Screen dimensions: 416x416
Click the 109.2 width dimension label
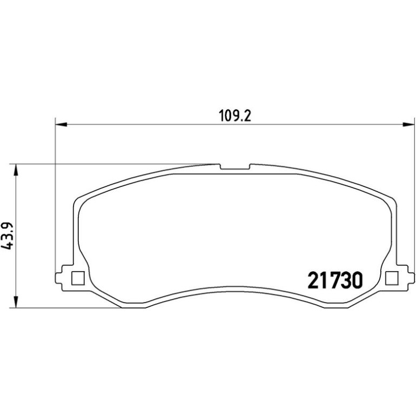point(235,116)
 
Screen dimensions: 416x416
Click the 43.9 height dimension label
point(7,235)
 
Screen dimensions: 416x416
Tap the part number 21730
point(335,280)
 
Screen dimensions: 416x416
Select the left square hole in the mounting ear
point(78,278)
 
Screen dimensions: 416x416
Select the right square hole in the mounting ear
point(392,278)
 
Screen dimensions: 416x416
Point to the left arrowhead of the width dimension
point(61,124)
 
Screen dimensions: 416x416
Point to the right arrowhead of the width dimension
point(408,124)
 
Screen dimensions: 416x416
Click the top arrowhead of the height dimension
point(16,170)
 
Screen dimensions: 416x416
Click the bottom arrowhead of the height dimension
point(16,302)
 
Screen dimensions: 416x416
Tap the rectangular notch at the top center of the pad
point(236,166)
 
